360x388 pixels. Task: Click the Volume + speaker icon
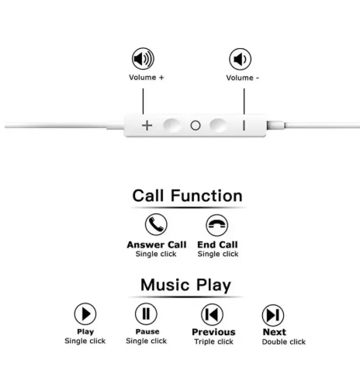pos(143,58)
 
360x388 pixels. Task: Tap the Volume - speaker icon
pos(240,59)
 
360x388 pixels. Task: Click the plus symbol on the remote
pos(147,126)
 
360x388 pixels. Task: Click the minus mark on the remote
pos(244,126)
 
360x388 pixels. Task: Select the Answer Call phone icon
pos(156,224)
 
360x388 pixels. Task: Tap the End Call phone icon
pos(217,225)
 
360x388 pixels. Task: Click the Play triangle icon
pos(85,314)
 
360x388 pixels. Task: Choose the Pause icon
pos(146,314)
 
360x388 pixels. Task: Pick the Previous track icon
pos(212,314)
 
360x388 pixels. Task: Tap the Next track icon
pos(273,315)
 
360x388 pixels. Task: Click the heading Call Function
pos(188,196)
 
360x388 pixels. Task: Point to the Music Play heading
pos(185,285)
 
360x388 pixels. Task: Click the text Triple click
pos(214,341)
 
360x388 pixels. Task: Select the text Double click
pos(284,342)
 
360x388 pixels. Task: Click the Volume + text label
pos(147,78)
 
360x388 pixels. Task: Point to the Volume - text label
pos(243,78)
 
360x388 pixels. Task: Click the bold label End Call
pos(217,244)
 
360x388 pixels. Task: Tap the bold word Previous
pos(213,332)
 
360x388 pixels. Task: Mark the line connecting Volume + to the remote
pos(143,101)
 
